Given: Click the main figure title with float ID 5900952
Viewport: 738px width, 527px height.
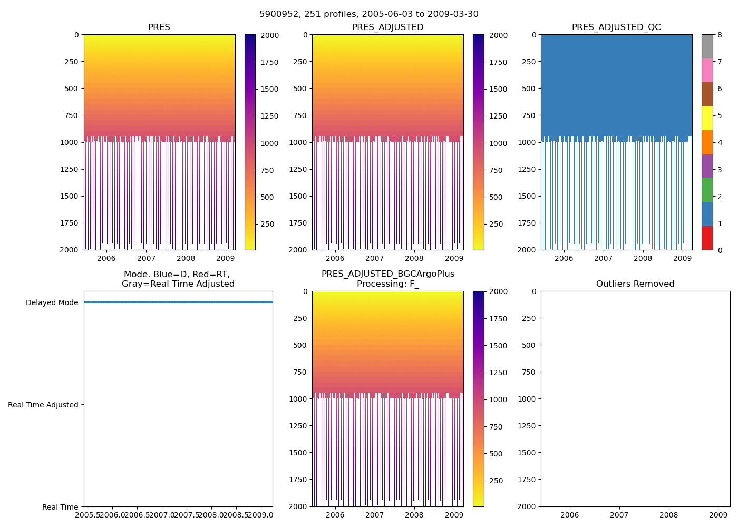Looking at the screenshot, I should tap(368, 14).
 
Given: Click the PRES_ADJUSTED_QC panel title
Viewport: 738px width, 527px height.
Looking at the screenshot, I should tap(616, 27).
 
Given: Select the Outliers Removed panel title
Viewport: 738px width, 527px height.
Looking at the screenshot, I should tap(635, 284).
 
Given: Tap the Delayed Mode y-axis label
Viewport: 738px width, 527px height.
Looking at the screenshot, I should tap(52, 302).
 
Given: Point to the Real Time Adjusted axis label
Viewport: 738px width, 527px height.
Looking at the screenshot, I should tap(43, 405).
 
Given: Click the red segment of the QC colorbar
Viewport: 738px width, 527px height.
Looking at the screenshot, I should tap(707, 238).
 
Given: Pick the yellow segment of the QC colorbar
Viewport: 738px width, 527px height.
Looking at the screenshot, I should tap(707, 118).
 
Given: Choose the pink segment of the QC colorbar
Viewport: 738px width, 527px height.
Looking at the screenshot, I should tap(707, 70).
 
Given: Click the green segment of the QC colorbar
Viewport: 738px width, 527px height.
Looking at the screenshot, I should tap(707, 190).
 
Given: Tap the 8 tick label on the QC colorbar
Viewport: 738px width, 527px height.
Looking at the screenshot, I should tap(720, 35).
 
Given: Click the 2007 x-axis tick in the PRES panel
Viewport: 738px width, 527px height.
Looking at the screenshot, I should tap(146, 258).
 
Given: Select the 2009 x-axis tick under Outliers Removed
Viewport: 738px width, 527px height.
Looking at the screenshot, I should tap(718, 515).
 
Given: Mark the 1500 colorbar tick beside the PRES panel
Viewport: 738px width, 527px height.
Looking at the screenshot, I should tap(269, 89).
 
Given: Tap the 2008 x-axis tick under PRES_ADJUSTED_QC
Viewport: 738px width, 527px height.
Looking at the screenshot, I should tap(643, 258).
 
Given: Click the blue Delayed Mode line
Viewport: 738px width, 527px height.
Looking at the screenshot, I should tap(178, 302).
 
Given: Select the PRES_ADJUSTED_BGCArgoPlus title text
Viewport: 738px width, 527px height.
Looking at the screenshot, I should tap(387, 274).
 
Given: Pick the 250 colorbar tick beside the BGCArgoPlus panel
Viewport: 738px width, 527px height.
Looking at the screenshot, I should tap(496, 481).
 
